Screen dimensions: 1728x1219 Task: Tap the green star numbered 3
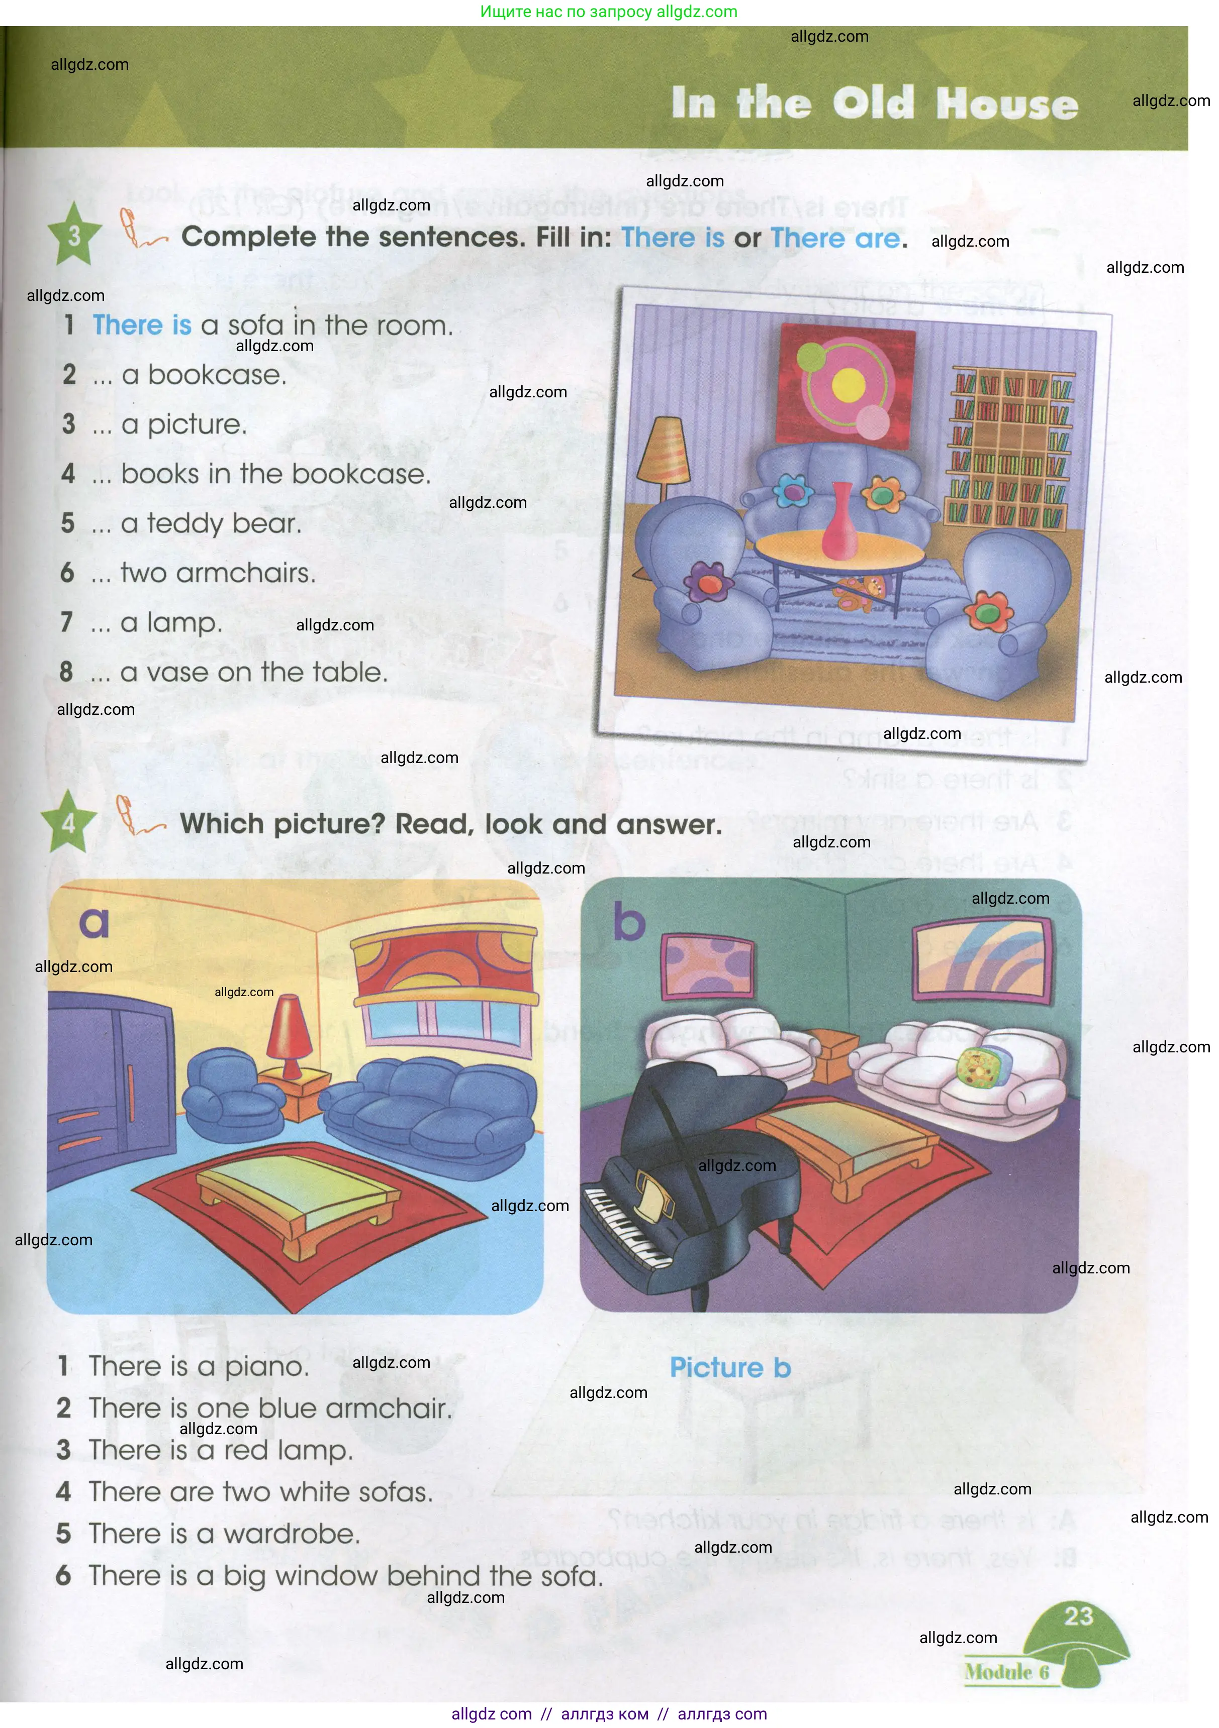pyautogui.click(x=74, y=236)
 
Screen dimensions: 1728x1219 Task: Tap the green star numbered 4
pyautogui.click(x=68, y=823)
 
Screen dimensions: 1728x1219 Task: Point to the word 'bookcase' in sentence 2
pyautogui.click(x=217, y=375)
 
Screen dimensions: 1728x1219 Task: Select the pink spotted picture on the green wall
pyautogui.click(x=707, y=966)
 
